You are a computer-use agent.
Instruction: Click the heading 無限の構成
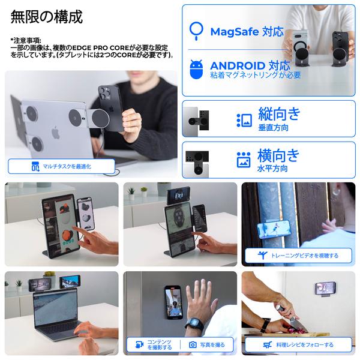pos(47,17)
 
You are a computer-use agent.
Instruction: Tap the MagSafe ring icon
pos(196,30)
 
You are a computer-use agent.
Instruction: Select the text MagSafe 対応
pos(246,32)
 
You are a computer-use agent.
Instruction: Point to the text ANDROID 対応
pos(246,65)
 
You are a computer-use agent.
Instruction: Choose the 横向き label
pos(278,155)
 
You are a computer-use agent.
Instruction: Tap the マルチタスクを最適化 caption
pos(61,166)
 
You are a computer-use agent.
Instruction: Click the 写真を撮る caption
pos(208,345)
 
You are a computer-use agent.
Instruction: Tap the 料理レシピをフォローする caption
pos(298,345)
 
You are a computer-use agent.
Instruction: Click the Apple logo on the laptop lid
pos(56,133)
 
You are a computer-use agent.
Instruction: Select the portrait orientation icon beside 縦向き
pos(244,119)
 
